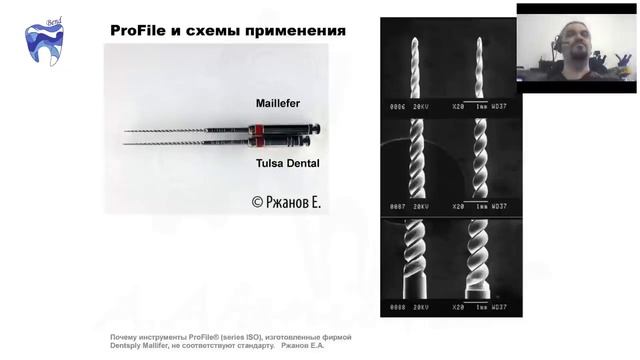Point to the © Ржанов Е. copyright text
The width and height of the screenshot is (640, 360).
pyautogui.click(x=287, y=202)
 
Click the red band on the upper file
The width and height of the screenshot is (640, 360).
pyautogui.click(x=259, y=129)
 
